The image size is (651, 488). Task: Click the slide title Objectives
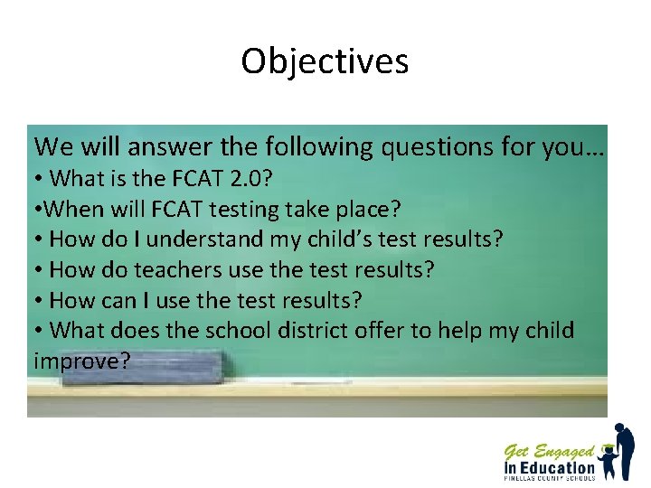click(325, 61)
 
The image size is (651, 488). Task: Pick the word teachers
click(168, 269)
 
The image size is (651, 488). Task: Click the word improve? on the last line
click(82, 361)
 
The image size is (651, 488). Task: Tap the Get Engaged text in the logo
click(549, 451)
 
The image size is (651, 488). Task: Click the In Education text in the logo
click(549, 467)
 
